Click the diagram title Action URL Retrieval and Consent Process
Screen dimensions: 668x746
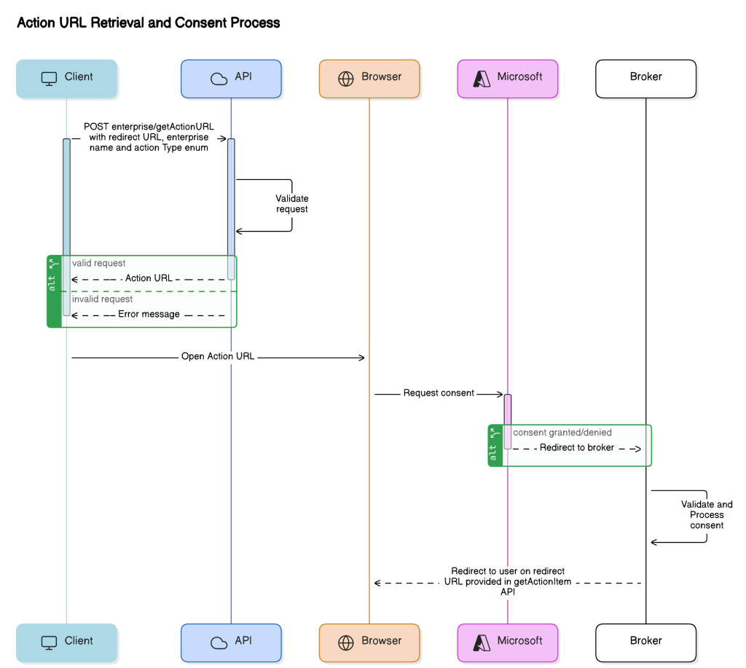148,23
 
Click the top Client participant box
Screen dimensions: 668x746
67,78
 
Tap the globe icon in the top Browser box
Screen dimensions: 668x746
346,78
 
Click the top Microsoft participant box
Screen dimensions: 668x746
508,78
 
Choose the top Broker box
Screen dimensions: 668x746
645,78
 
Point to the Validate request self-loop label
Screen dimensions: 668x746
291,204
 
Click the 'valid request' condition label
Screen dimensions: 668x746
98,264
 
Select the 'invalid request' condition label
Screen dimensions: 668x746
102,299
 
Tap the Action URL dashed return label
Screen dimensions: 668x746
149,279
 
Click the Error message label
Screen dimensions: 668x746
149,315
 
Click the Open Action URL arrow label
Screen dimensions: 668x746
218,358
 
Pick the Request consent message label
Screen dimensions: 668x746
439,393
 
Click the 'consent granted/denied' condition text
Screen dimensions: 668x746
562,433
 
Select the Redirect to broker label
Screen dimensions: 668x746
576,448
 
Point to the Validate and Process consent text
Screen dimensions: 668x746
706,514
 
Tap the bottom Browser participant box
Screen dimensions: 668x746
369,642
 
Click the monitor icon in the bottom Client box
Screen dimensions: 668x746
49,643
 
